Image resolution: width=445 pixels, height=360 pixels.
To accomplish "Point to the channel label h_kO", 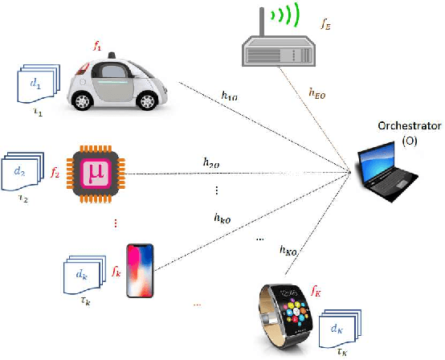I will [x=224, y=217].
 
